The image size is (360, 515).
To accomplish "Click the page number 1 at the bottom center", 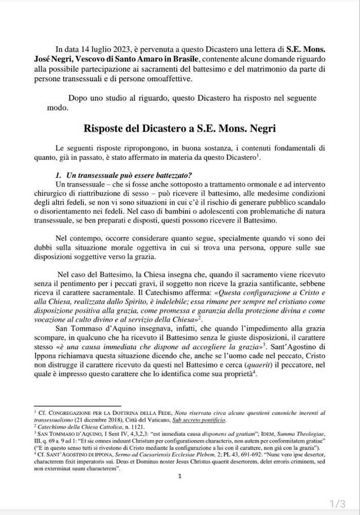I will tap(180, 476).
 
